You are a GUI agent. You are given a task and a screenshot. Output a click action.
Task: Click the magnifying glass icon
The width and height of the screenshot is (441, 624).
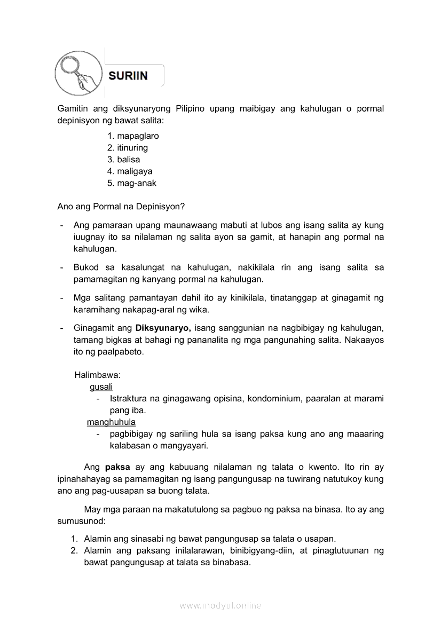pos(78,75)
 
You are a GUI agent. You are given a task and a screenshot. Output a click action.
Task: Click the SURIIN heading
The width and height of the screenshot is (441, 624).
pos(128,76)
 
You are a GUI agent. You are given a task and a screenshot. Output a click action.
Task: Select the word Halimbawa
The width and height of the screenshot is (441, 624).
pos(98,375)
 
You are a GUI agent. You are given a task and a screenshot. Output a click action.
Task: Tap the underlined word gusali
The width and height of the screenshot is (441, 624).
pos(101,387)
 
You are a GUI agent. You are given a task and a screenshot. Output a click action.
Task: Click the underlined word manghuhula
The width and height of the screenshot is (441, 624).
pos(111,422)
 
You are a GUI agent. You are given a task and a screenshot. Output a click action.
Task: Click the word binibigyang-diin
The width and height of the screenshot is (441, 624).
pos(259,551)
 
